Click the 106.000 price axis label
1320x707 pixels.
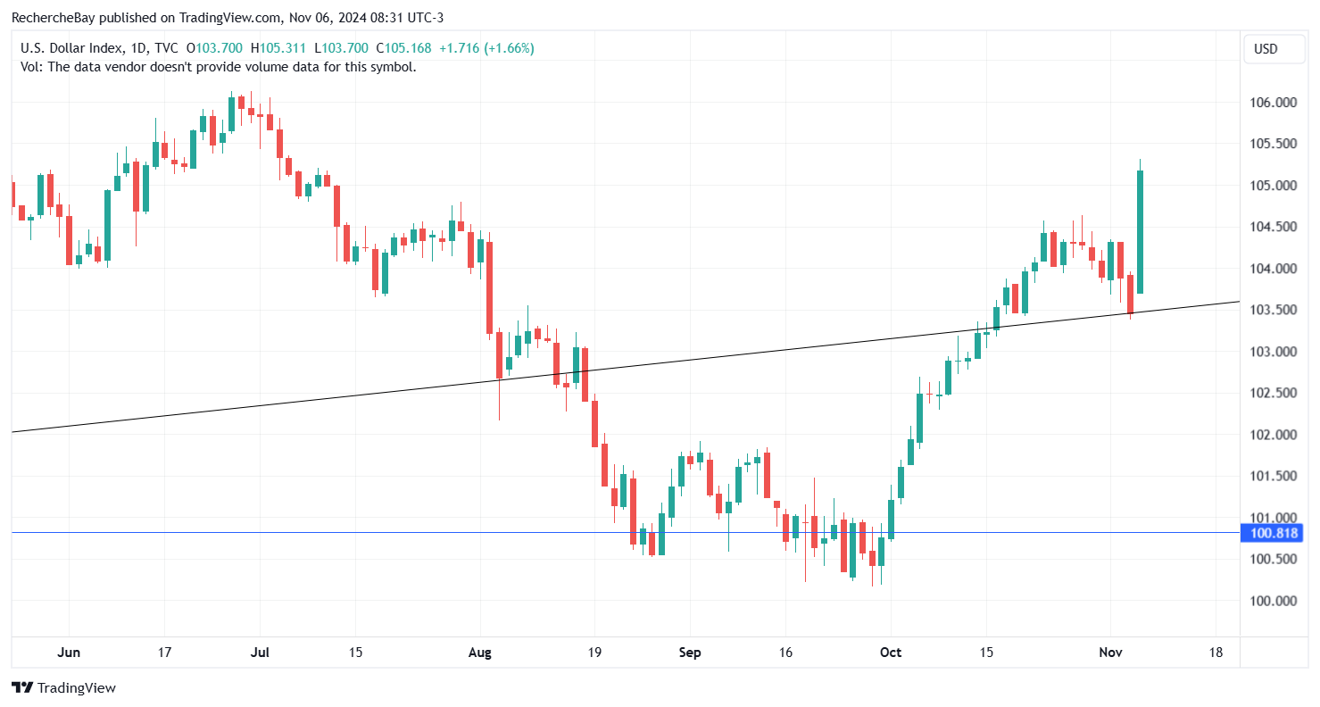[1273, 103]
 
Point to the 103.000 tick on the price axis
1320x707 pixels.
[1273, 352]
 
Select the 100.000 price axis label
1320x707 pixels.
[1273, 601]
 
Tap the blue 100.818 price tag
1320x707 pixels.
[1273, 534]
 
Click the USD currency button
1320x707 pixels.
[1266, 49]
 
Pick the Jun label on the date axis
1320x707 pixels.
[69, 653]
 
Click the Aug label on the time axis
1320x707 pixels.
[480, 653]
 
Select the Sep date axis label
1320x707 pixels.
[689, 653]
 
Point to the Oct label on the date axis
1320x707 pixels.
[891, 653]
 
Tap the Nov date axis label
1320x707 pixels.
[1110, 653]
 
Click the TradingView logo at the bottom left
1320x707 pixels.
[63, 688]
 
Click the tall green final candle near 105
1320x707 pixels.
[1141, 230]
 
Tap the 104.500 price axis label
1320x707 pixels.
[1273, 227]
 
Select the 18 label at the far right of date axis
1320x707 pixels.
[1216, 653]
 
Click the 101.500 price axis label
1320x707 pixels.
[1273, 476]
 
